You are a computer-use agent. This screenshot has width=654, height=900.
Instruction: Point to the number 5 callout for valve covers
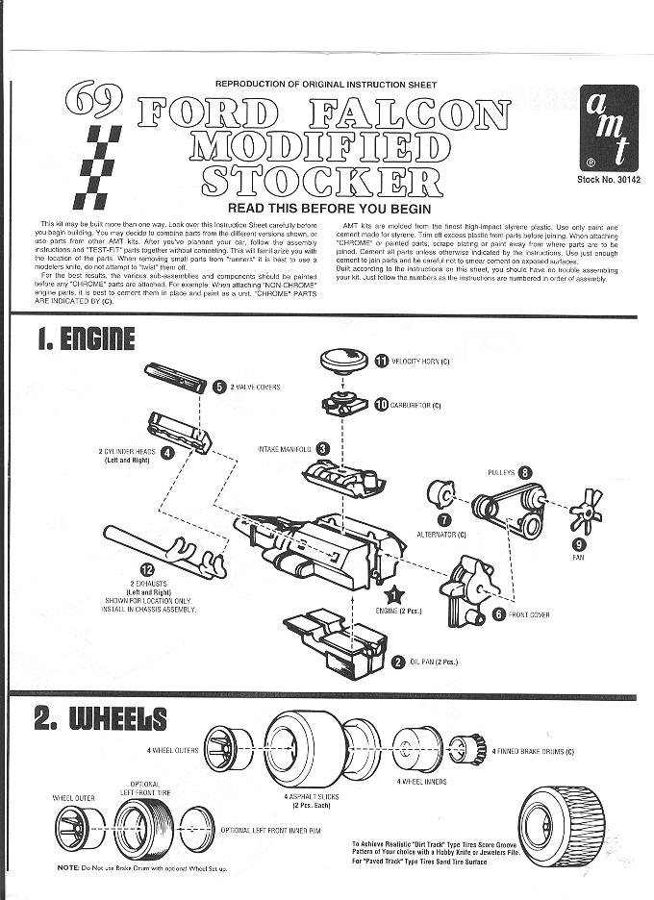click(219, 387)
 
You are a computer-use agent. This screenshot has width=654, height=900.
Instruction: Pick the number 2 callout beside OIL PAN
click(398, 661)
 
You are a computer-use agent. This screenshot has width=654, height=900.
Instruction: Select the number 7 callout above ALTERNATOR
click(441, 520)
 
